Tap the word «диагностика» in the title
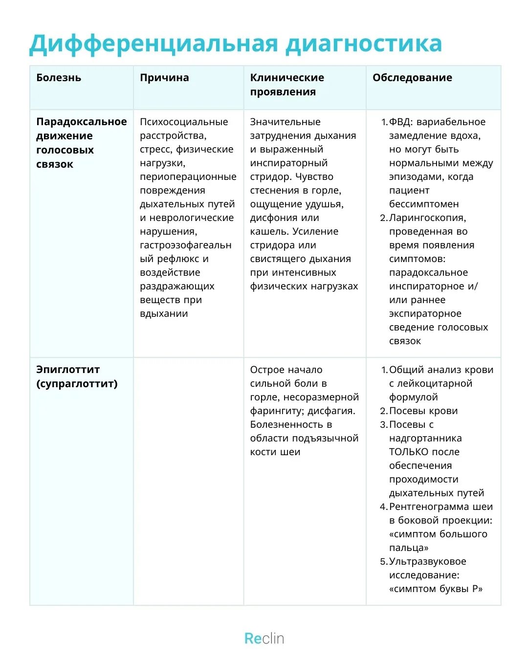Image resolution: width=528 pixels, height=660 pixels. (364, 44)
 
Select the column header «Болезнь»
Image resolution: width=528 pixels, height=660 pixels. (59, 78)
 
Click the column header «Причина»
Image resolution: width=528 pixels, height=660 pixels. (164, 78)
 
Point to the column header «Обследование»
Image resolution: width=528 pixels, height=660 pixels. (412, 78)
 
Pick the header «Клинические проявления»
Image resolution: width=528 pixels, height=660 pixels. (287, 85)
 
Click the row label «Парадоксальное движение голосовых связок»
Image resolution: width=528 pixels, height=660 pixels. (81, 143)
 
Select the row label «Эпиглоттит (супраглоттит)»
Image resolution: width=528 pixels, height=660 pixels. (77, 376)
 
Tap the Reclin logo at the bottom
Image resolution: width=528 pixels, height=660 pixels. (264, 638)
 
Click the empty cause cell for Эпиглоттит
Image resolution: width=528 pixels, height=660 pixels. (188, 482)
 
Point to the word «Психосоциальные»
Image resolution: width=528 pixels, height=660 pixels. (184, 122)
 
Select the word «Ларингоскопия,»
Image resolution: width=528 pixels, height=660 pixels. (428, 218)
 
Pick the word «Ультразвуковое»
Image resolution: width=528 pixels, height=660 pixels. (428, 561)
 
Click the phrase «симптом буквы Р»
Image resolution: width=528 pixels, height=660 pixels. (436, 589)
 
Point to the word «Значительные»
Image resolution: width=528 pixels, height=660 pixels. (286, 122)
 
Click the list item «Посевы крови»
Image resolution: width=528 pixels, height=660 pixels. (423, 411)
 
